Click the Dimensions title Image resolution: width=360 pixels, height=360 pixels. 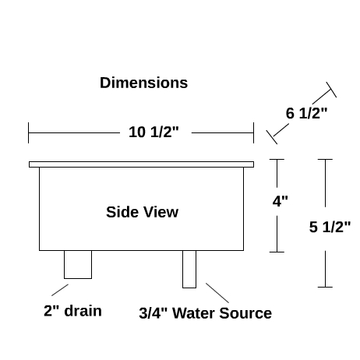point(143,83)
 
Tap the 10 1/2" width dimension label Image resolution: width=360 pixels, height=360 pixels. point(154,132)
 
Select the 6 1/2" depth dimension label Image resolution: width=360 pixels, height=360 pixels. point(306,113)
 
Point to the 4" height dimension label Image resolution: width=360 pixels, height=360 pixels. point(280,201)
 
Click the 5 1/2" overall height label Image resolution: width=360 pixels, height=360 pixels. point(330,227)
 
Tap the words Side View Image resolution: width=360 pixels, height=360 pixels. point(142,212)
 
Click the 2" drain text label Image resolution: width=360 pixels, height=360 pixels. point(72,311)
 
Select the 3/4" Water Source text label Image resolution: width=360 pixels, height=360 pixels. point(205,313)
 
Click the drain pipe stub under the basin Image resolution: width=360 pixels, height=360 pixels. point(78,264)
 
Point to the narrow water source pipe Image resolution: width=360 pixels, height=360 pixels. point(189,269)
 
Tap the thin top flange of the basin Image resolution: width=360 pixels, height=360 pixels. point(141,164)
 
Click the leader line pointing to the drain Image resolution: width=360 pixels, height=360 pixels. point(60,290)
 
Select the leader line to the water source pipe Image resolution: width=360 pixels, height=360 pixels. point(217,293)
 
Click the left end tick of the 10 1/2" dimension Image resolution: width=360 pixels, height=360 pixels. point(29,132)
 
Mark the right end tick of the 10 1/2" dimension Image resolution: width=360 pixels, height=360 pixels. point(253,132)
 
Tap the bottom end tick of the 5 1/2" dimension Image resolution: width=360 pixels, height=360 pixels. point(325,287)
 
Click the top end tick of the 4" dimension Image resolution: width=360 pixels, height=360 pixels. point(277,159)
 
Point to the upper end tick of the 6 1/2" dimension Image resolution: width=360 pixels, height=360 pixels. point(331,90)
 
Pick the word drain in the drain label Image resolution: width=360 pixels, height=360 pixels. point(83,311)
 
